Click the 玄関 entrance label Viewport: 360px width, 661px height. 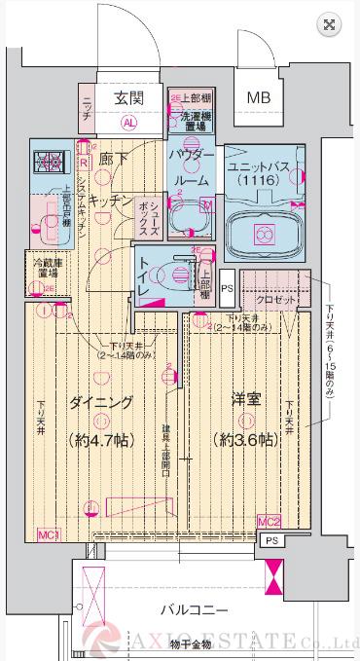[x=128, y=97]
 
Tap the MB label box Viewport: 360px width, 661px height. [x=258, y=97]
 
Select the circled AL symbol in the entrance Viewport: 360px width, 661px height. [x=128, y=124]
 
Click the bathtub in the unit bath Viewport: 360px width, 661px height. [x=262, y=235]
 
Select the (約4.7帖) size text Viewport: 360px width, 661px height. [x=102, y=439]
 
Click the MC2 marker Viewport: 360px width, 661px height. [x=270, y=523]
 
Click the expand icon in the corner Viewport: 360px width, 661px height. [x=331, y=24]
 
